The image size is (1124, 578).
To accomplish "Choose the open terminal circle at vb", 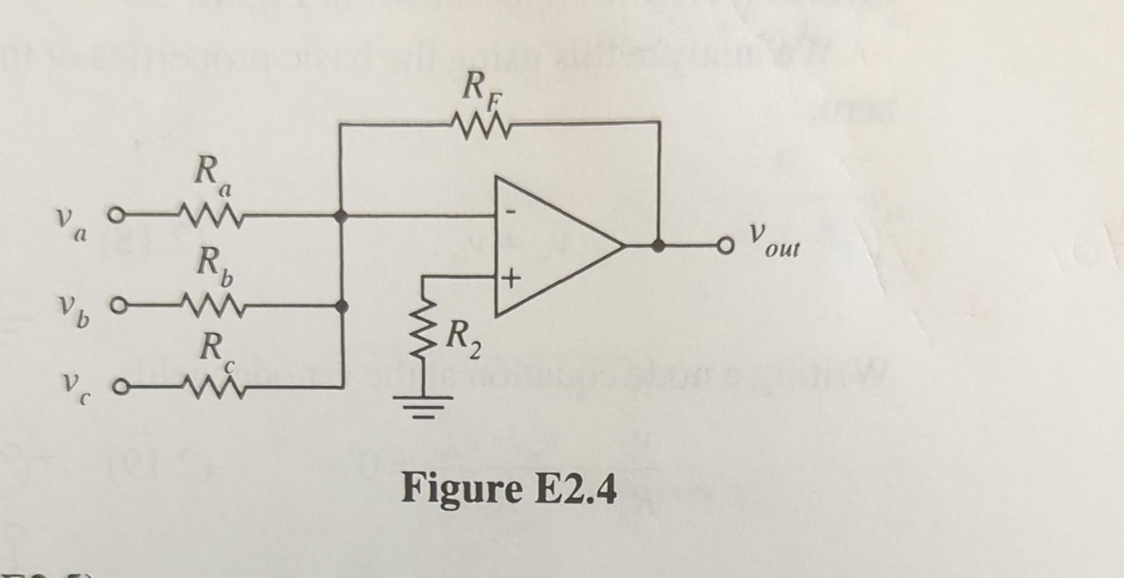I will coord(117,305).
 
